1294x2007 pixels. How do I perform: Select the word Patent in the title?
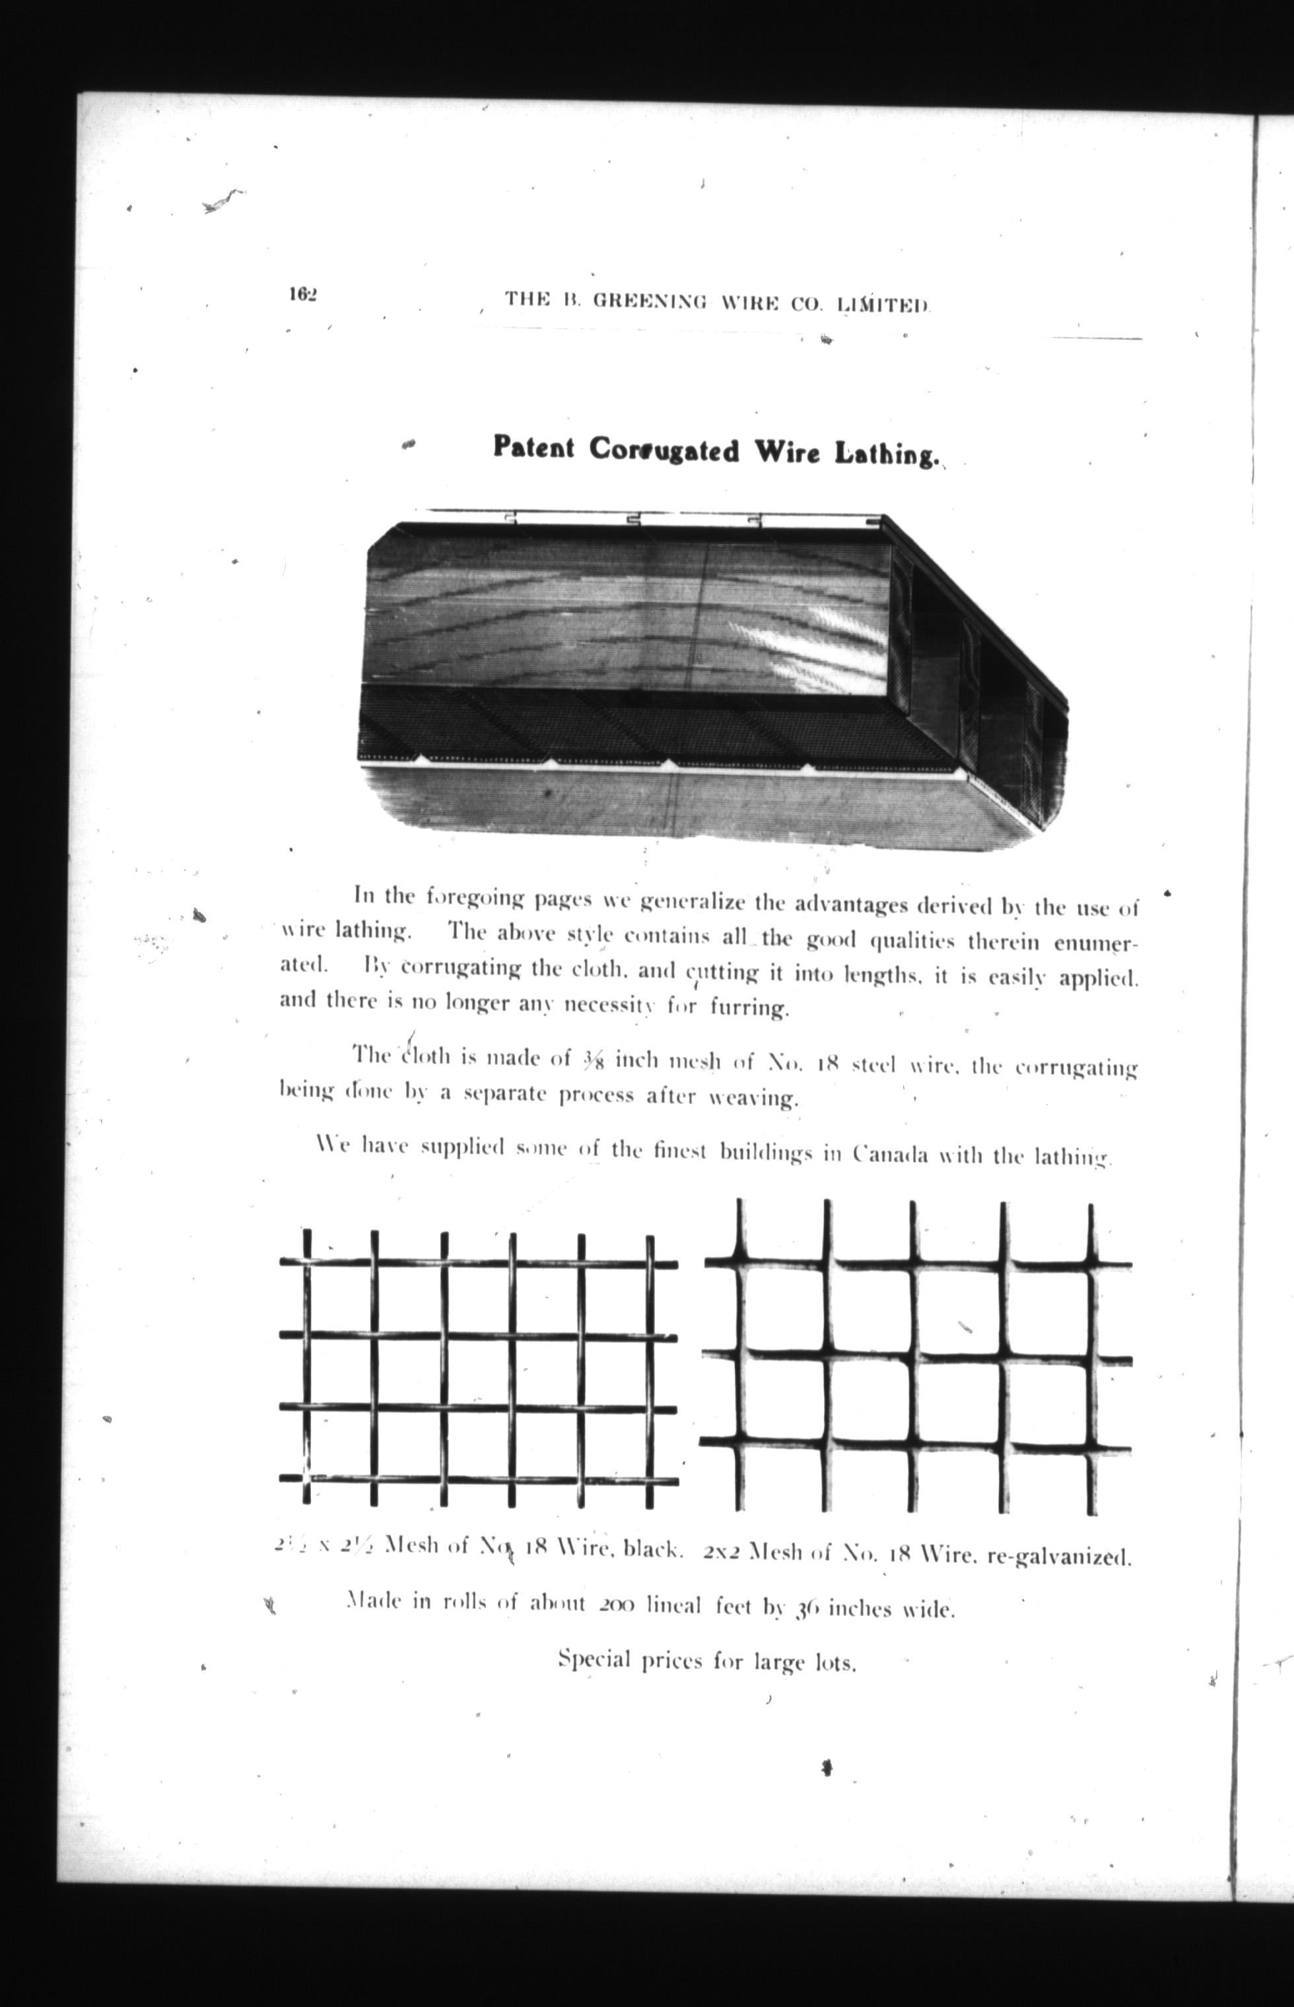coord(533,447)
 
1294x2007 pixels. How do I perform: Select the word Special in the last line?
coord(594,1660)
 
